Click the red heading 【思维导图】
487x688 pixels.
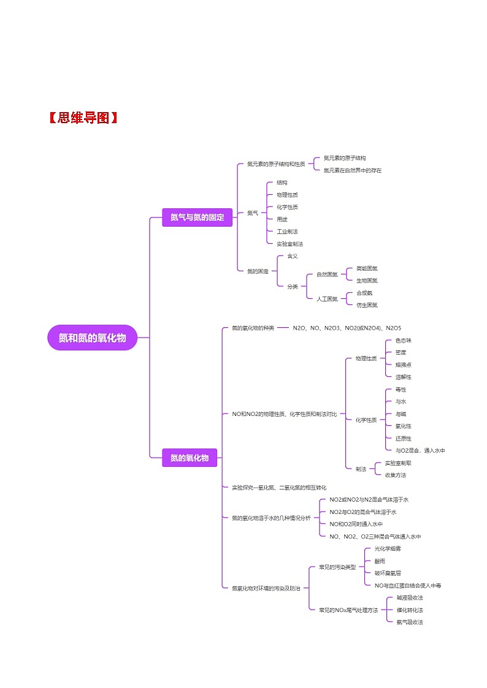(x=82, y=118)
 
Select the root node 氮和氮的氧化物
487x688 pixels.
(x=92, y=338)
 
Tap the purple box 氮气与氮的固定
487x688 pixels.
(x=197, y=217)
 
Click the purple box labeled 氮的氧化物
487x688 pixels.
(x=190, y=458)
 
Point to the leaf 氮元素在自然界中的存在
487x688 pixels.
(x=352, y=170)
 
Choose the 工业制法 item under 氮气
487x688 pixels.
(x=287, y=232)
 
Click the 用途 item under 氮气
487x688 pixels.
(x=282, y=219)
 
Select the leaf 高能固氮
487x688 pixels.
(x=367, y=268)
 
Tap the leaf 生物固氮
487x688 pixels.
(x=367, y=281)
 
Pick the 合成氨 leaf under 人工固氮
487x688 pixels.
(x=364, y=293)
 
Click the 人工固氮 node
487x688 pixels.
(x=327, y=299)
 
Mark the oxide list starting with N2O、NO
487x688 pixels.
(x=347, y=328)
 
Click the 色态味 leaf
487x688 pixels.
(x=403, y=340)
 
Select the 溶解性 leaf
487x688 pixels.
(x=403, y=377)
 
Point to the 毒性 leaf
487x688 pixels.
(x=401, y=390)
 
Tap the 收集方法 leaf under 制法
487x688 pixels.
(x=395, y=475)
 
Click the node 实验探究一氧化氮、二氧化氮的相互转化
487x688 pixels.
(x=279, y=487)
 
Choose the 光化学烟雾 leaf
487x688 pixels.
(x=388, y=548)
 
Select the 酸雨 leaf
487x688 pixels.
(x=380, y=561)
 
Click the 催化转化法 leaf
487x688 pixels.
(x=409, y=610)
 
